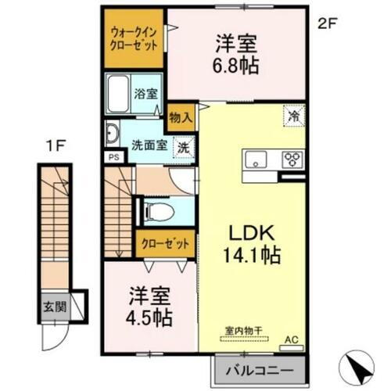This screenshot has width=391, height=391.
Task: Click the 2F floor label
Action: (x=327, y=24)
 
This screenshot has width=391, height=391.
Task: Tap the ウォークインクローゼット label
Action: (x=135, y=38)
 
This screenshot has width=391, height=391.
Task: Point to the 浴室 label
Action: (x=147, y=93)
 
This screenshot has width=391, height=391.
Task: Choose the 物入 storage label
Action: (x=178, y=117)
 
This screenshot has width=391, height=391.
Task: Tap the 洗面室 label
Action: (x=148, y=145)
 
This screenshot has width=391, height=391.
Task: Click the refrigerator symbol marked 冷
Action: (x=293, y=114)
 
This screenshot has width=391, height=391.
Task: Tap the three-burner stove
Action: (x=292, y=160)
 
